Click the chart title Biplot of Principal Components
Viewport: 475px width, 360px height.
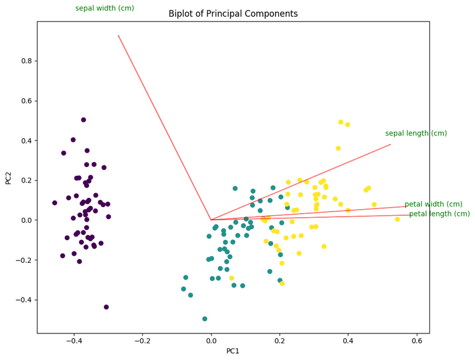point(233,14)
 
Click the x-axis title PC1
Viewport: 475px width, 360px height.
point(233,351)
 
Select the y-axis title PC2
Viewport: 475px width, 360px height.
point(9,178)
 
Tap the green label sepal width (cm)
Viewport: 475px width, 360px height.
point(113,8)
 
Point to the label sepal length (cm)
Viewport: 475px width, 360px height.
point(416,134)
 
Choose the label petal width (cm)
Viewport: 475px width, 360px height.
point(433,204)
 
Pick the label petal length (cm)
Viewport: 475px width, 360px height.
point(439,214)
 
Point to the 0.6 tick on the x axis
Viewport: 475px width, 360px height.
point(416,341)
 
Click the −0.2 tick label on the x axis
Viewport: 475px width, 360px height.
point(142,341)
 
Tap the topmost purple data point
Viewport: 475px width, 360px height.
point(83,120)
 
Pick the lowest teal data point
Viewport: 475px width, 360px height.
point(205,319)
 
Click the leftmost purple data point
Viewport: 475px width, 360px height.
point(54,203)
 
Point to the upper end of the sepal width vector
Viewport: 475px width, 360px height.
point(118,35)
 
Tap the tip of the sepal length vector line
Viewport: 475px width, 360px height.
point(391,144)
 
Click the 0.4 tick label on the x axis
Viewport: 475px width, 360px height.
point(348,341)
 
